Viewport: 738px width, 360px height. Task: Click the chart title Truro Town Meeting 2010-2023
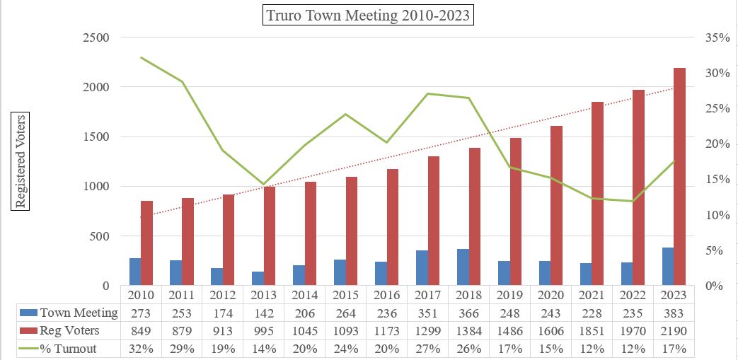pos(368,15)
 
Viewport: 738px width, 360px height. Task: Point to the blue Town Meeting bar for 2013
pos(258,279)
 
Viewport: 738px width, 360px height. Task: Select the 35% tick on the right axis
pos(717,37)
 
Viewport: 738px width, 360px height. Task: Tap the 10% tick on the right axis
pos(717,215)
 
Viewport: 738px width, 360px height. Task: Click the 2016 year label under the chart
pos(386,294)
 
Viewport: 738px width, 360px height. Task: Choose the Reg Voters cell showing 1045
pos(304,330)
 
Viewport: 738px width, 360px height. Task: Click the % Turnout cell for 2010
pos(140,348)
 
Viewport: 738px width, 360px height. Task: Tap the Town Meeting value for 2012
pos(222,313)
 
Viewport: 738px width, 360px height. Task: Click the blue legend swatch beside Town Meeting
pos(28,313)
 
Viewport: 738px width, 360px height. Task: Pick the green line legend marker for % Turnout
pos(28,348)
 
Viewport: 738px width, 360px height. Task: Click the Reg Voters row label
pos(69,330)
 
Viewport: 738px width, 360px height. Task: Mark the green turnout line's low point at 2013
pos(264,185)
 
